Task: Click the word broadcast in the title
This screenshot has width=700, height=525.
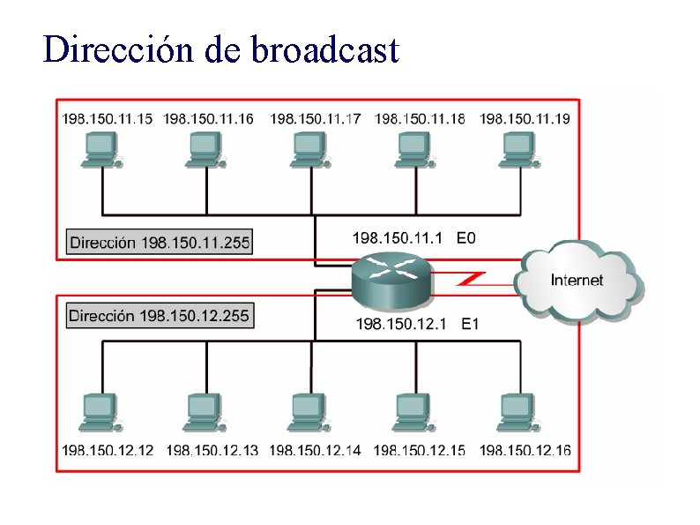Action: click(324, 50)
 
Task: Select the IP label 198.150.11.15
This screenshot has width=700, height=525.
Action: click(107, 118)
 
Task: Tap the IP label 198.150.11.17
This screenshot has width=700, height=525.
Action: click(315, 118)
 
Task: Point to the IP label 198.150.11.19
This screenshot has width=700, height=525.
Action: click(525, 118)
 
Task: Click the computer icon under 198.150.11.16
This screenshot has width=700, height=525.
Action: click(207, 148)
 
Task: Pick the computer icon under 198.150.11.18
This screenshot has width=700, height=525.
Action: click(415, 148)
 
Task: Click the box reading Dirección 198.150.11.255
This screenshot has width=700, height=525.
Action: click(160, 242)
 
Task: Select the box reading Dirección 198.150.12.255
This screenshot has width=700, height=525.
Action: click(160, 315)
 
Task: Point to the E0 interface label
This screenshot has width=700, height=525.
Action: click(466, 237)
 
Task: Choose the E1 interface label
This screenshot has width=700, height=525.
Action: click(470, 324)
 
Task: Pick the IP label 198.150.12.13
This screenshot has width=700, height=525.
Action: click(212, 450)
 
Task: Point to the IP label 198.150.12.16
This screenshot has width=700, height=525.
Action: click(525, 450)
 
